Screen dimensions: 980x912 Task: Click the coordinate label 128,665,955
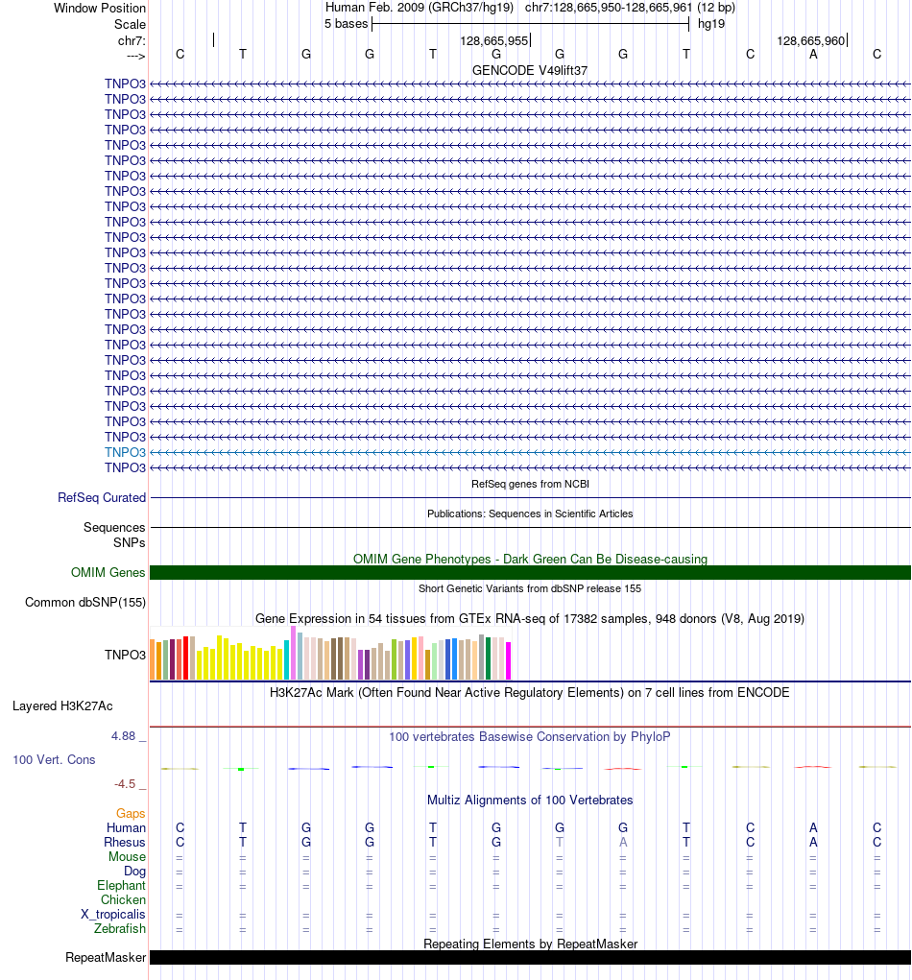coord(493,41)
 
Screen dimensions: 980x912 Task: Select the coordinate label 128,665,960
coord(810,41)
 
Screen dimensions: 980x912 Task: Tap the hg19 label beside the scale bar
coord(711,24)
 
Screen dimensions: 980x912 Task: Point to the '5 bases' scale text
coord(346,24)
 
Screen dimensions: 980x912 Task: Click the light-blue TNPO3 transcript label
coord(125,452)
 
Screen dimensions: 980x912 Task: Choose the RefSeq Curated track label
coord(102,498)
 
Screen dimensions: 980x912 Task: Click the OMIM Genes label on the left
coord(108,573)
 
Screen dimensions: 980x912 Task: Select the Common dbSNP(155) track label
coord(84,603)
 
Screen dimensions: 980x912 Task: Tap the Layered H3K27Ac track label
coord(62,706)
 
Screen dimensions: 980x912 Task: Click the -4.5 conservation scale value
coord(125,783)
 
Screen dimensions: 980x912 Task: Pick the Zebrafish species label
coord(120,929)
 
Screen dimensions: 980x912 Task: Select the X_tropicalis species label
coord(113,915)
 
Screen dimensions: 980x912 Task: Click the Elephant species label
coord(121,886)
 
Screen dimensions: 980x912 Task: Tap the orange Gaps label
coord(131,814)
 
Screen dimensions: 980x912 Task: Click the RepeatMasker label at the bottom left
coord(106,958)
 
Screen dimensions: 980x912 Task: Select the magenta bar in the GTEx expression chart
coord(509,660)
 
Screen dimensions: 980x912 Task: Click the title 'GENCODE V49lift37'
coord(530,71)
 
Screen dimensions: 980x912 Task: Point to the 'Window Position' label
coord(100,9)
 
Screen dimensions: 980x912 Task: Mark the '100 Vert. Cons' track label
coord(54,760)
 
